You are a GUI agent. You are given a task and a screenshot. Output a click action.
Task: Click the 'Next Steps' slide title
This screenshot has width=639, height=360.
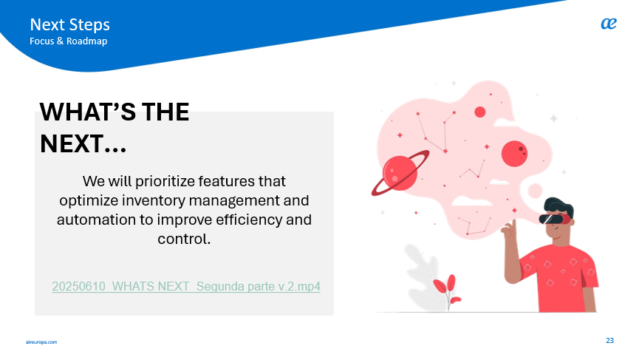69,25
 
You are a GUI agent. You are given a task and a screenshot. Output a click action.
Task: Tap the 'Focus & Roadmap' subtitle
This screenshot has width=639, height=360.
69,41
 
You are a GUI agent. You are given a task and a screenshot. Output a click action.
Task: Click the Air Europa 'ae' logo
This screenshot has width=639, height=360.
609,24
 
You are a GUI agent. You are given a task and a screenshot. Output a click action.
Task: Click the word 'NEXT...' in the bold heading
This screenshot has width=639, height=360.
83,144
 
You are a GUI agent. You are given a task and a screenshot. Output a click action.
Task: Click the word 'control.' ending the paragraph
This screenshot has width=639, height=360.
184,239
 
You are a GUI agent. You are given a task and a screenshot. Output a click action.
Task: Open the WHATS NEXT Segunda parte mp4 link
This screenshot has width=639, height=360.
186,287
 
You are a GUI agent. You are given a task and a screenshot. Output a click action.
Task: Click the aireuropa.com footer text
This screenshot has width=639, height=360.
41,342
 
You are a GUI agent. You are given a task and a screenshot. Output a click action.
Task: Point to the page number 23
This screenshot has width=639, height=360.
609,341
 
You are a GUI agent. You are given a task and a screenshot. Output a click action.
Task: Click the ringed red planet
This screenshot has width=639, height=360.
400,173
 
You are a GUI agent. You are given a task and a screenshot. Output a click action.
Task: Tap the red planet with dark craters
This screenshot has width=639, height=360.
514,154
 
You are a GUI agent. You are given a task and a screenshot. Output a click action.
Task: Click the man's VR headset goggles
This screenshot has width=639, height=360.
554,219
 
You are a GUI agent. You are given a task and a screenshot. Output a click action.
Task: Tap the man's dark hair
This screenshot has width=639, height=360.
559,206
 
